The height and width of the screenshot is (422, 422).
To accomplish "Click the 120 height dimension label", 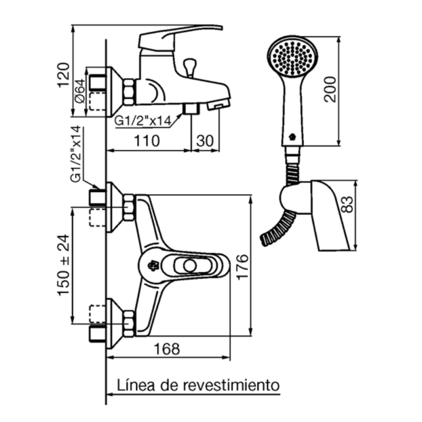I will coord(63,73).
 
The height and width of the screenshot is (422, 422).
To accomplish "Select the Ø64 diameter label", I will coord(80,90).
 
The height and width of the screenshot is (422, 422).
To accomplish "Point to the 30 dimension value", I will coord(205,141).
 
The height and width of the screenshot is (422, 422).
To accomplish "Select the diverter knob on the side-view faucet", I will coord(189,67).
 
